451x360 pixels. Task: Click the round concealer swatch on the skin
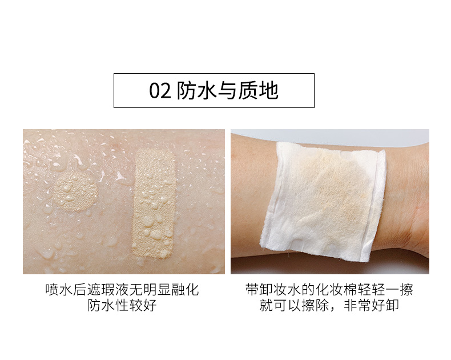75,192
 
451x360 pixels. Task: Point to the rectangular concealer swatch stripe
154,203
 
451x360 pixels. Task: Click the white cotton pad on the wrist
323,202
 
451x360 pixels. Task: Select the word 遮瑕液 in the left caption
108,290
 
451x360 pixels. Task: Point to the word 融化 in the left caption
185,290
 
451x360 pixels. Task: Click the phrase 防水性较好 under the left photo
122,305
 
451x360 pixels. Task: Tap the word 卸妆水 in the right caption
280,290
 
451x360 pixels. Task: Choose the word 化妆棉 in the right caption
336,290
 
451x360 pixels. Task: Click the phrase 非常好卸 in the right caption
371,305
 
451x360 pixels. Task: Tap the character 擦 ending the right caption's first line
406,290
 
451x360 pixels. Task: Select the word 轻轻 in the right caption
372,290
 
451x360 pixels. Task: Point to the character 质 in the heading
248,91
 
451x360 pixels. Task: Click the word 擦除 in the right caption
315,305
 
